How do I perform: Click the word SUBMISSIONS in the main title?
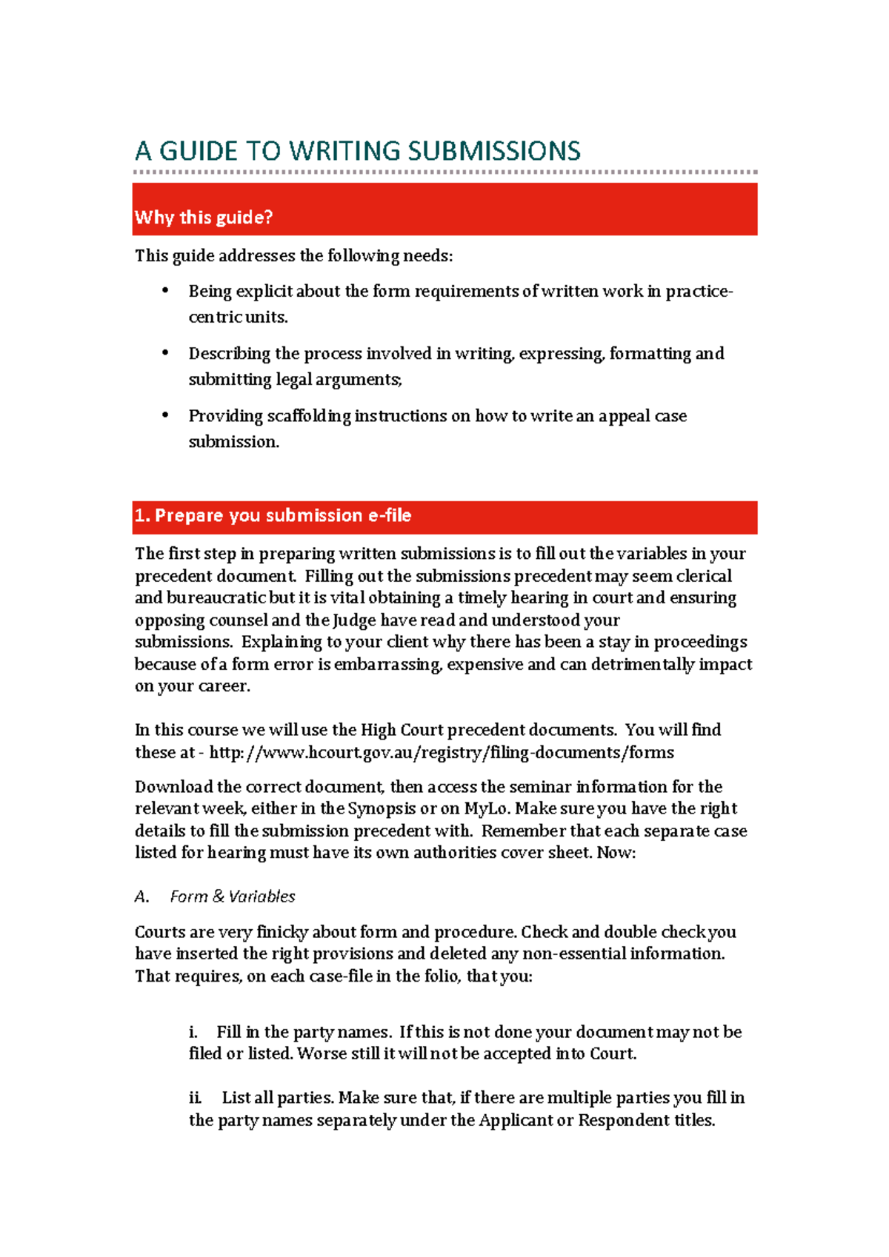493,151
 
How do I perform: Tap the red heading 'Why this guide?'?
204,218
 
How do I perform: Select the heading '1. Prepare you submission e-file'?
273,516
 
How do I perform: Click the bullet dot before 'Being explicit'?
165,290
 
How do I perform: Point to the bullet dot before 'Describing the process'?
165,352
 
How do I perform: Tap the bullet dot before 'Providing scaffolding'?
165,415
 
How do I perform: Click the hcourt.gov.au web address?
442,753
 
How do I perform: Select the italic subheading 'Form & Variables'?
233,896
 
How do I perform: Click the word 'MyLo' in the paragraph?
486,808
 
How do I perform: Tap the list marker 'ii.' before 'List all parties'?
195,1098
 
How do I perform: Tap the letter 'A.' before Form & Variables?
141,896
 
